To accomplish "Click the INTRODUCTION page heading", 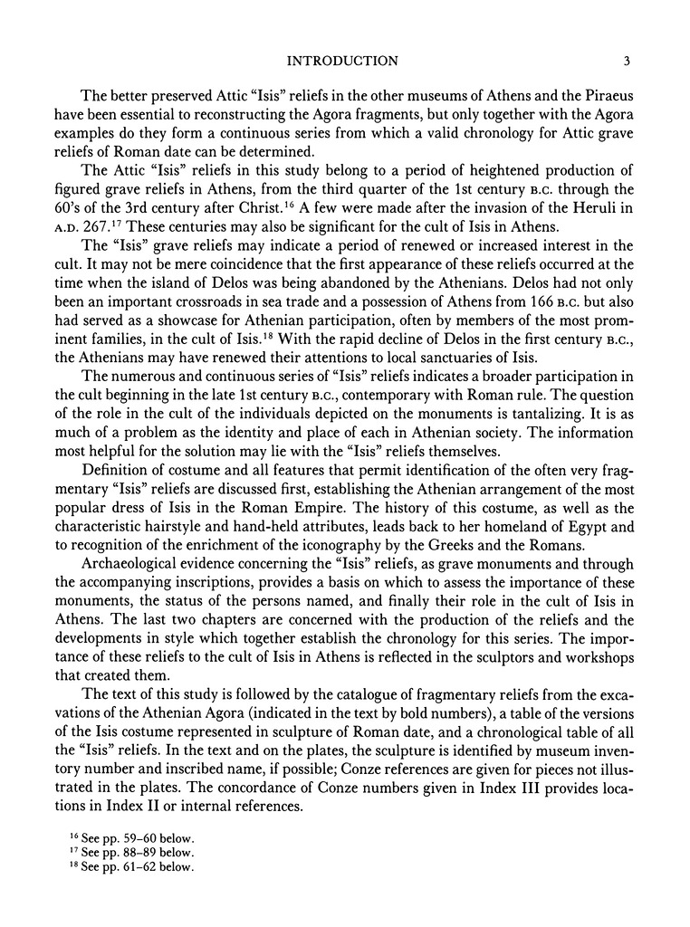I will coord(341,62).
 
